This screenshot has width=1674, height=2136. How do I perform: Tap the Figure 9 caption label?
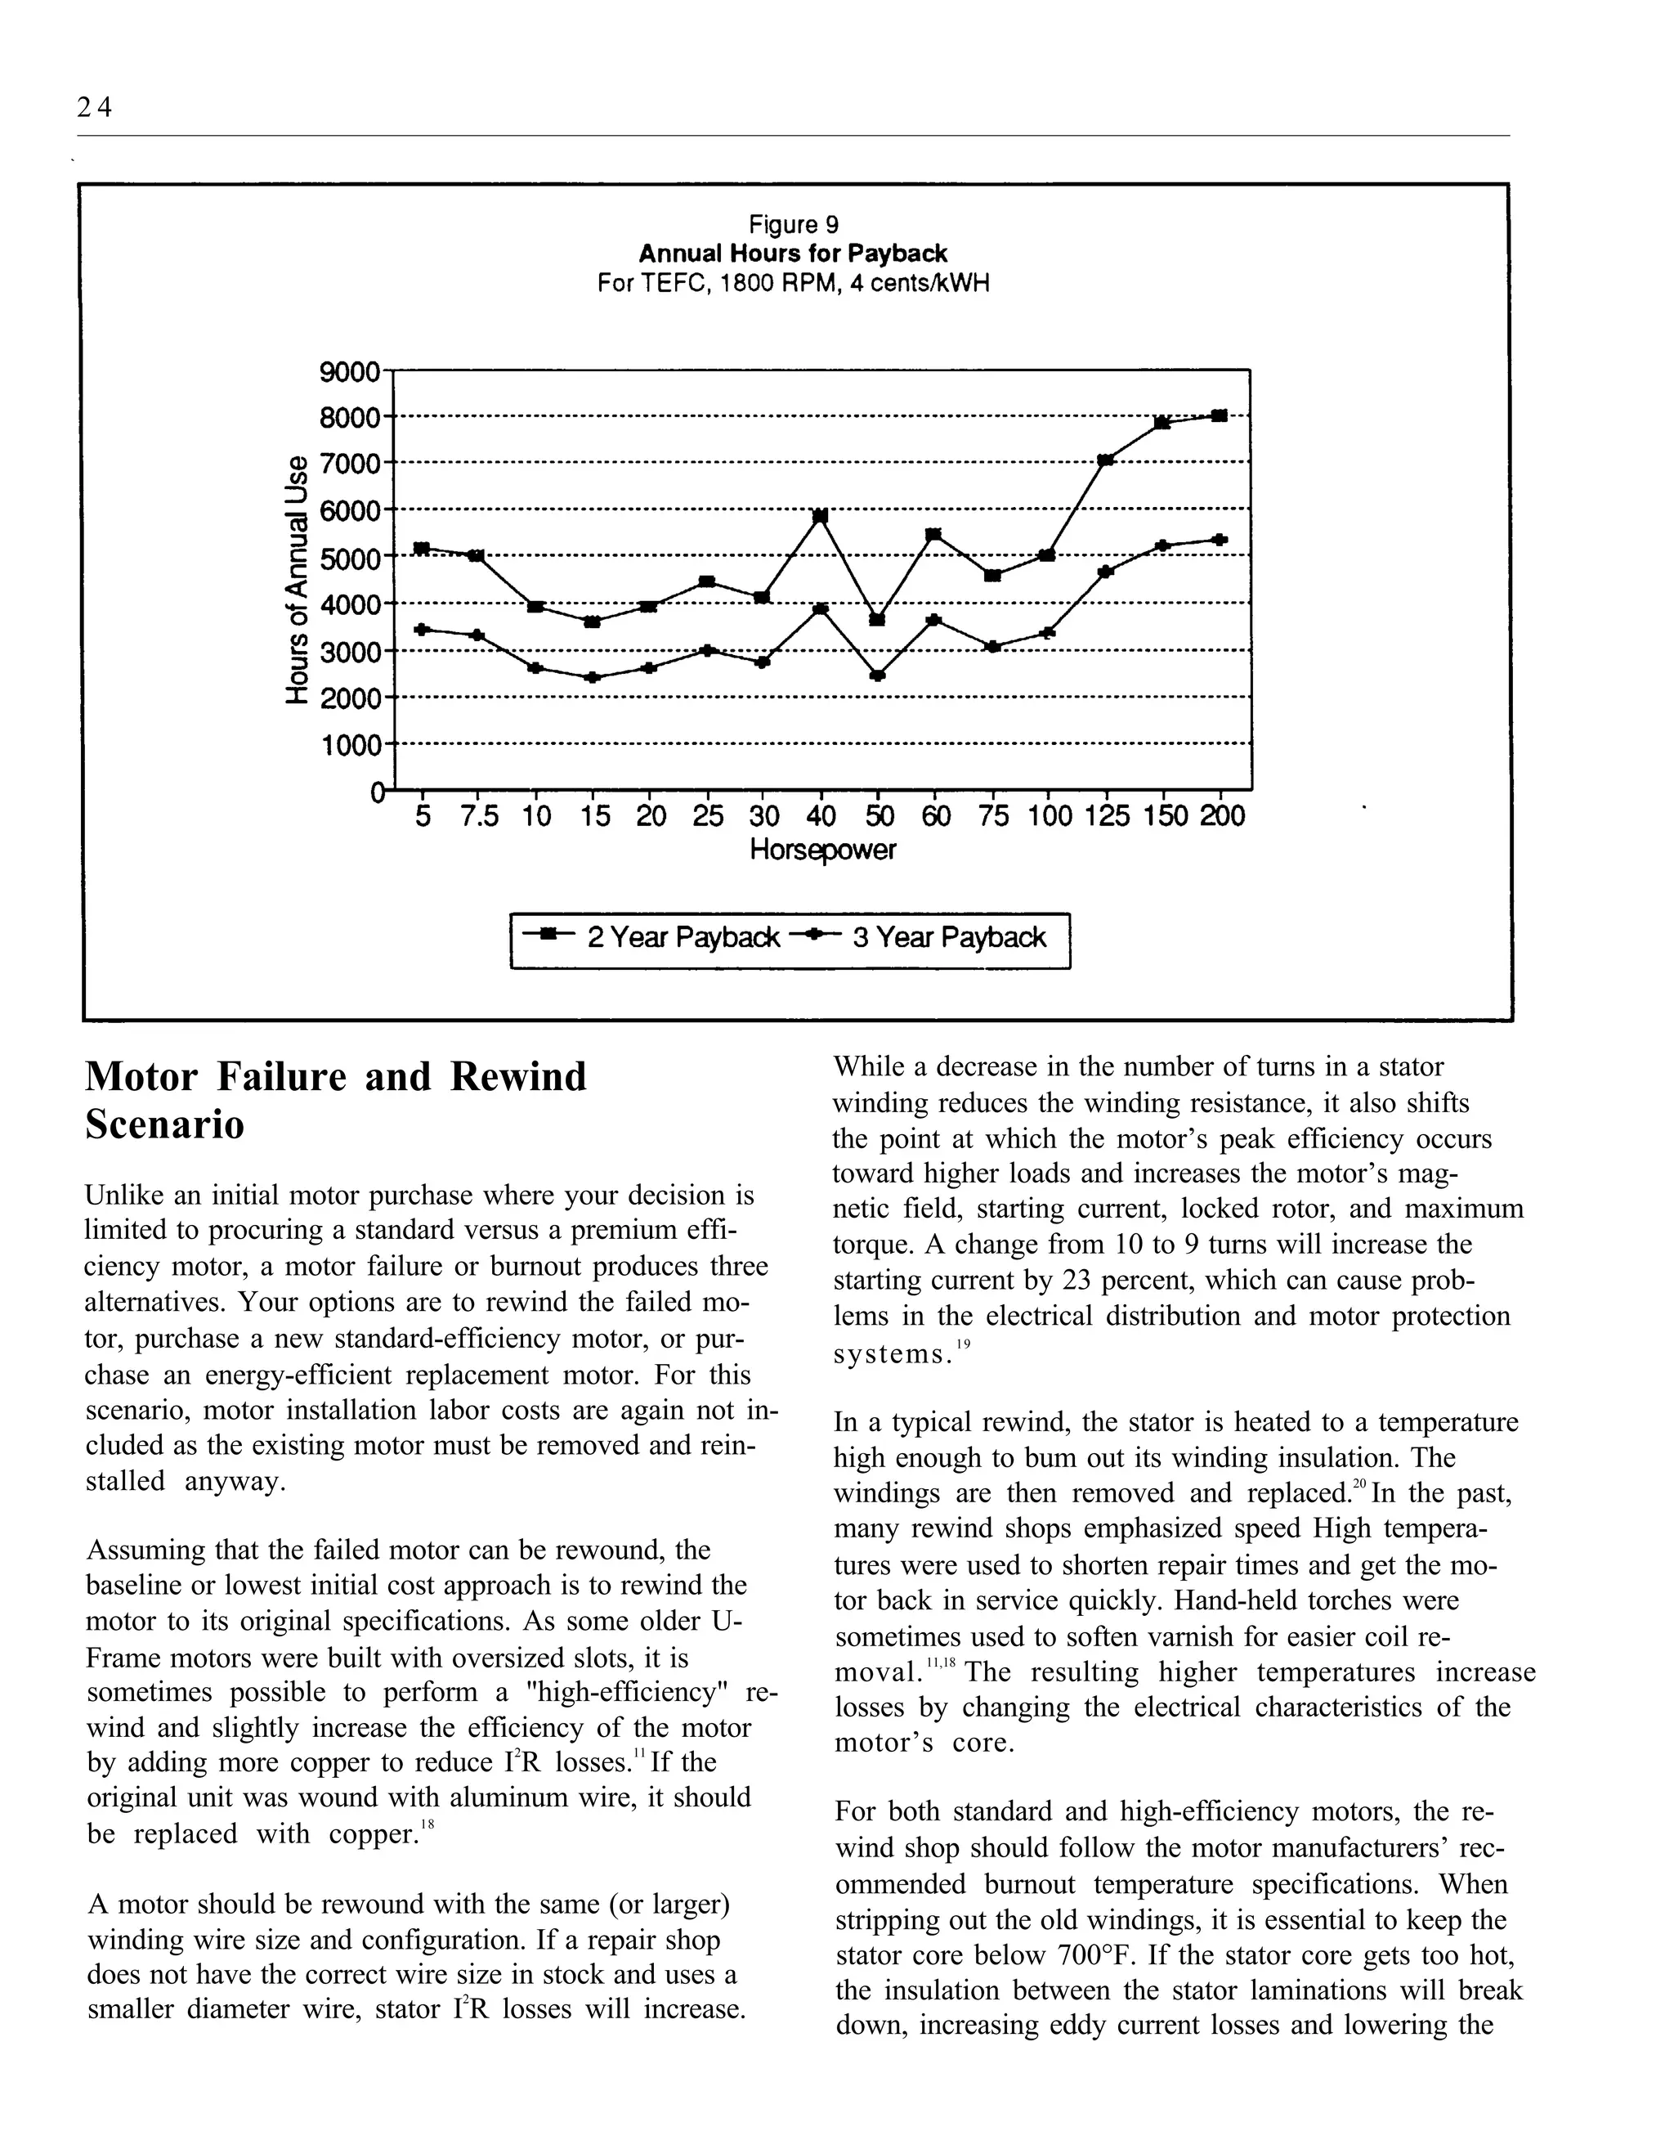793,225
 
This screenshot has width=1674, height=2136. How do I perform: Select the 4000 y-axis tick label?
349,605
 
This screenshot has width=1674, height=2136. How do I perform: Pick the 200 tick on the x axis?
1221,817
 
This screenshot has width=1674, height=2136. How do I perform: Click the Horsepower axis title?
822,850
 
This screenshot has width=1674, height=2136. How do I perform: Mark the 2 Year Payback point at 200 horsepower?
1220,415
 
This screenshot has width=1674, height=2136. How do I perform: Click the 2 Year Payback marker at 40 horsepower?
821,516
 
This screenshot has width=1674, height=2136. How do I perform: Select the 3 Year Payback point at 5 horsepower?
422,630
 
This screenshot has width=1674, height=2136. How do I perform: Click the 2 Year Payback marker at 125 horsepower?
1106,460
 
